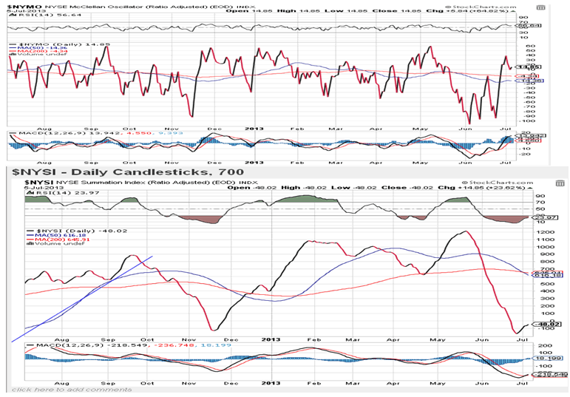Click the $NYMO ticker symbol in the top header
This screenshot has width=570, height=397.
[18, 5]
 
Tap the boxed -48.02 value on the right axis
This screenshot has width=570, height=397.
[546, 323]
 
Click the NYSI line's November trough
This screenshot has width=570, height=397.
[213, 330]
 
